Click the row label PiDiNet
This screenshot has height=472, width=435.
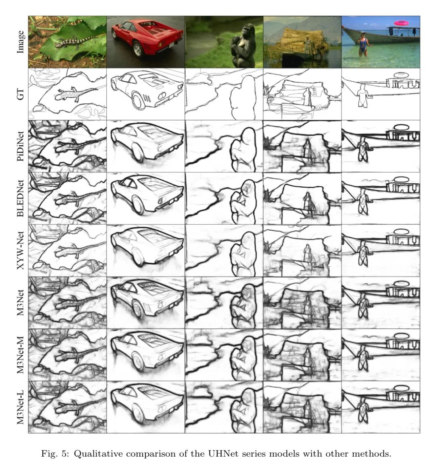point(20,146)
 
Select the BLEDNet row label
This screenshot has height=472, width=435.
point(20,198)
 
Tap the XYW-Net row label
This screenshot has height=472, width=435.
point(20,250)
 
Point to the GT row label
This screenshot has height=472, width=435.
point(20,94)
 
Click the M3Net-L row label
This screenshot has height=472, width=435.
point(20,407)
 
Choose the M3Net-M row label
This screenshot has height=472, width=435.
point(20,355)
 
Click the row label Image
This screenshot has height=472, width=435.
point(20,42)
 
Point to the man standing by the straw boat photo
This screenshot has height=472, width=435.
point(307,45)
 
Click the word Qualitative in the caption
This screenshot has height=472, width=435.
point(98,454)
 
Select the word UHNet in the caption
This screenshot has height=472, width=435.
point(221,453)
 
